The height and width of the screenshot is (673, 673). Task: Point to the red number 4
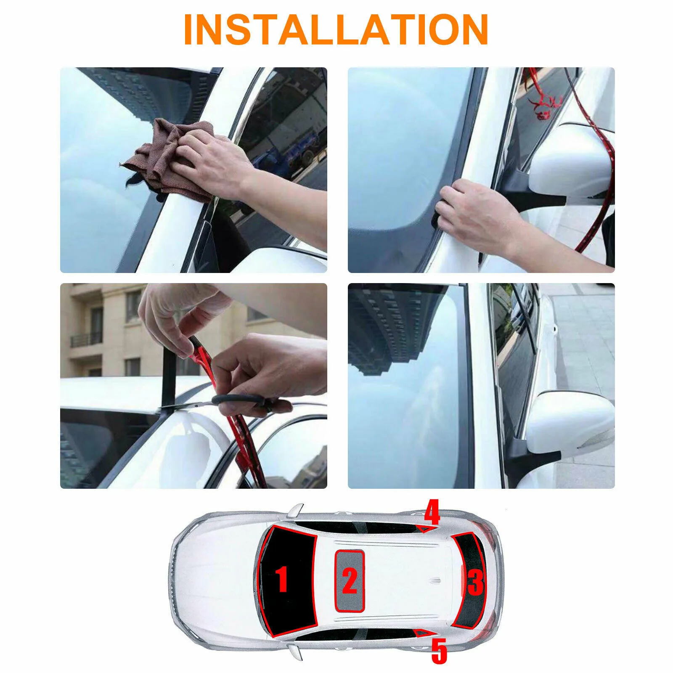pos(432,512)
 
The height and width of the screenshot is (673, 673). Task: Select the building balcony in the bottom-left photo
pos(86,339)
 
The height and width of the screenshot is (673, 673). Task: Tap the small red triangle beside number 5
pos(421,633)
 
